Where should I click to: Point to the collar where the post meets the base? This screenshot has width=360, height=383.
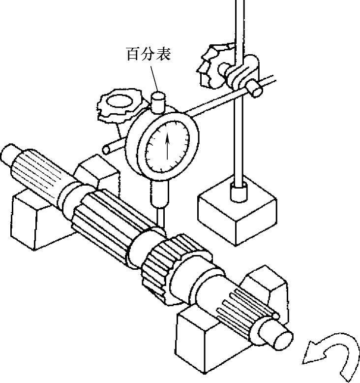(x=239, y=192)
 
